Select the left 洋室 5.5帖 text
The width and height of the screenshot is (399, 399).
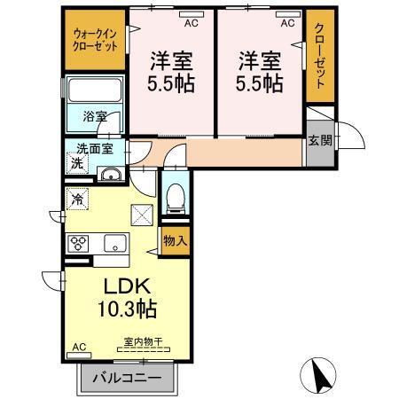pyautogui.click(x=171, y=73)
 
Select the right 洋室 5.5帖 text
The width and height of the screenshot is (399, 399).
pyautogui.click(x=260, y=73)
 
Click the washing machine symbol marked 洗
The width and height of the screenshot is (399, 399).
pyautogui.click(x=77, y=164)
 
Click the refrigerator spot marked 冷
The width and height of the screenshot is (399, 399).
pyautogui.click(x=77, y=200)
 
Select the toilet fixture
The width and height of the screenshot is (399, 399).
pyautogui.click(x=175, y=197)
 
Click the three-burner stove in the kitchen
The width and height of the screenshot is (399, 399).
pyautogui.click(x=77, y=243)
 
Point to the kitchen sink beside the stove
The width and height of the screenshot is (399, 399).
pyautogui.click(x=114, y=243)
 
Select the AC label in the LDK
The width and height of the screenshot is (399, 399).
pyautogui.click(x=77, y=347)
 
